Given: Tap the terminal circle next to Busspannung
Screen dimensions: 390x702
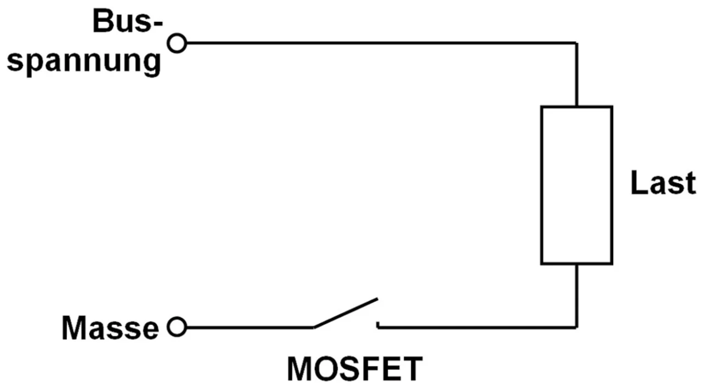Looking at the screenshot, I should [x=177, y=43].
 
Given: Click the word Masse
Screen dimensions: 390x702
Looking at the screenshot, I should [x=110, y=328].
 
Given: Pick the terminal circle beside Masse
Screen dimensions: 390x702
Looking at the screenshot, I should [x=177, y=328].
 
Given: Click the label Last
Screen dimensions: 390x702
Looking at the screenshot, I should [x=663, y=183].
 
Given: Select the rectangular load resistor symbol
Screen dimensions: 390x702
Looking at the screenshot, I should [x=576, y=185].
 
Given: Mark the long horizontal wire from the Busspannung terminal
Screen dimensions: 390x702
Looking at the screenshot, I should [x=378, y=43].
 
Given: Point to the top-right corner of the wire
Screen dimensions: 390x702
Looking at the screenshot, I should [x=576, y=43].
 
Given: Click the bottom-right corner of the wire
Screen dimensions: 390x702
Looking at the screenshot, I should [x=576, y=328].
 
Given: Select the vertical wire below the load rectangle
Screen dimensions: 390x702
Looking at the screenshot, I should [x=576, y=296].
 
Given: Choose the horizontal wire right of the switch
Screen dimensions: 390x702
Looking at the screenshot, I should [x=477, y=328].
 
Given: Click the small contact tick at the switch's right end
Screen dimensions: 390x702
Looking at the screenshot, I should [x=377, y=325].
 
